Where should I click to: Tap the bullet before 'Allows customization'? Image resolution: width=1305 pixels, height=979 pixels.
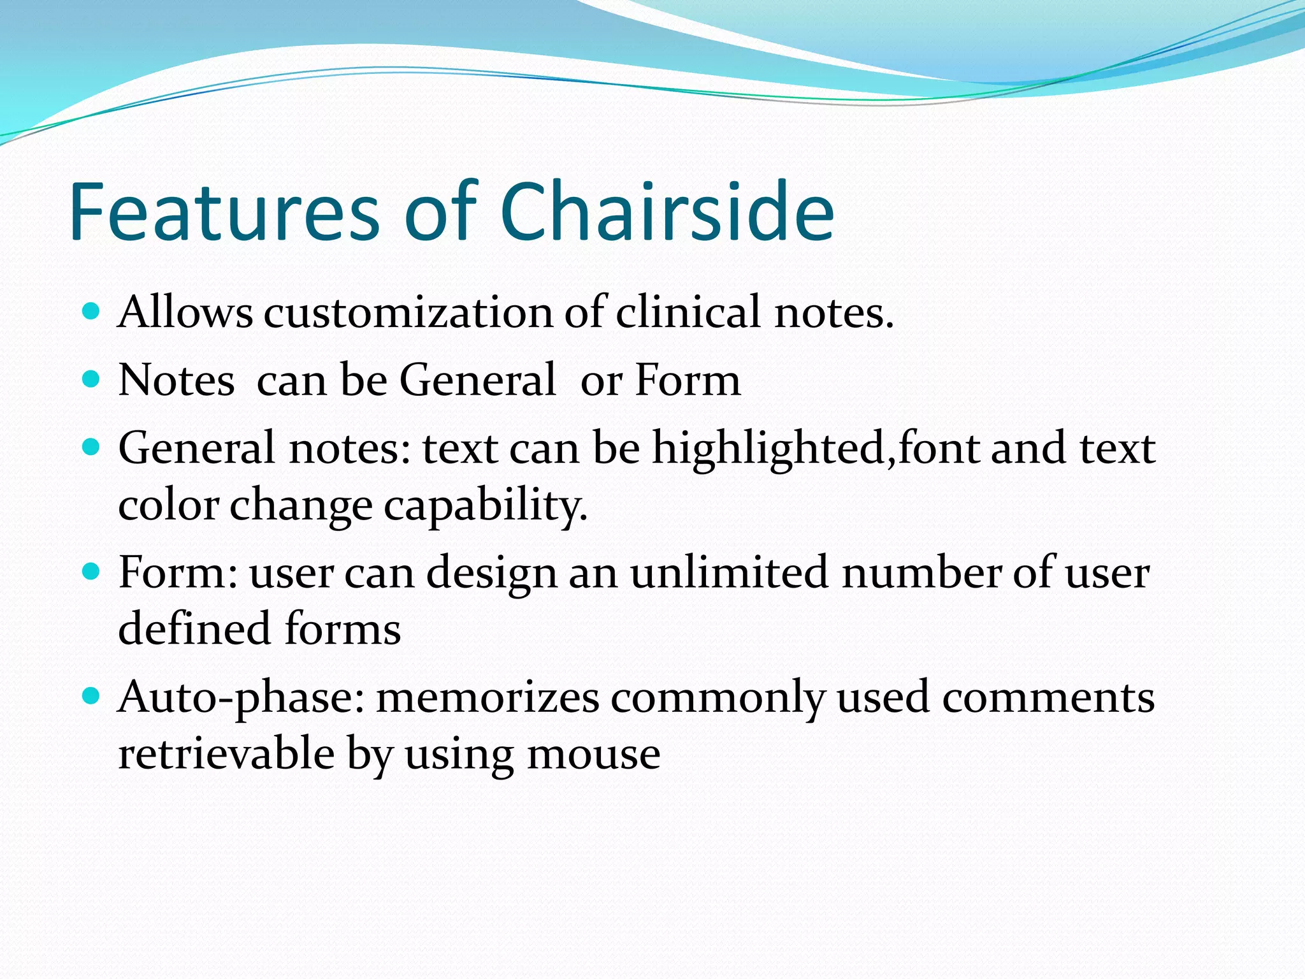pyautogui.click(x=92, y=312)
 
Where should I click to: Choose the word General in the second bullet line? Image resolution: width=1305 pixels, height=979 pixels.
pyautogui.click(x=477, y=381)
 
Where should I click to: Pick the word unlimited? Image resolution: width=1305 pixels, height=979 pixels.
pyautogui.click(x=730, y=572)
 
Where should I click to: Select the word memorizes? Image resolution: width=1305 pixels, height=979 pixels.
pyautogui.click(x=487, y=697)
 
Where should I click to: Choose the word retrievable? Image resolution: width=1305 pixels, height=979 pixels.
pyautogui.click(x=226, y=754)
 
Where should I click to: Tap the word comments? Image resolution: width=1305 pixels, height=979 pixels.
pyautogui.click(x=1048, y=697)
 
